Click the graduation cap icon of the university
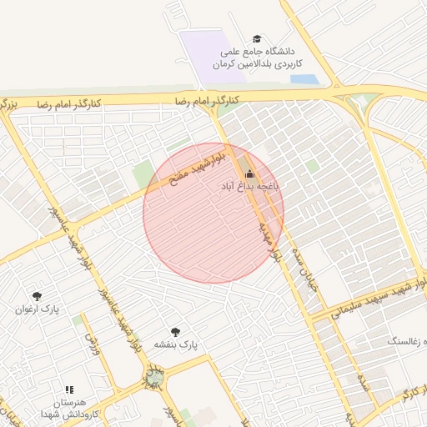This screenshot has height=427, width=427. pos(258,39)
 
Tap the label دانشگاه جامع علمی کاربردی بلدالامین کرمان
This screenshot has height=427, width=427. pos(258,57)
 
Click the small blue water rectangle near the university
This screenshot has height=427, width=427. pos(304,80)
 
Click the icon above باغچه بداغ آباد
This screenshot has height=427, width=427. pos(249,173)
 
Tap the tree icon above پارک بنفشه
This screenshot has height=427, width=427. pos(175,331)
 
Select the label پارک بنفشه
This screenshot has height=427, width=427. pos(174,344)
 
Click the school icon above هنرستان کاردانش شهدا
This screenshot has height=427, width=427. pos(70,389)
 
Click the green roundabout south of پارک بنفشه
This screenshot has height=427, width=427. pos(153,379)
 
